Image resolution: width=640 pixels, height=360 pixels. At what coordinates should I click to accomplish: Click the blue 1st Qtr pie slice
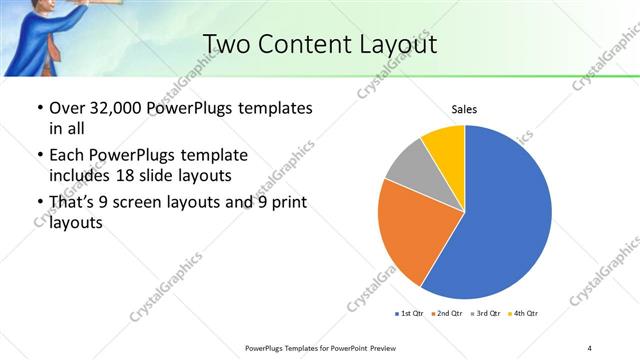(505, 215)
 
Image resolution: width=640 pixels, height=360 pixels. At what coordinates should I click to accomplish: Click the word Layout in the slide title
(396, 43)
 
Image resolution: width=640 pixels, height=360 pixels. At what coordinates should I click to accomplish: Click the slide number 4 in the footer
(590, 347)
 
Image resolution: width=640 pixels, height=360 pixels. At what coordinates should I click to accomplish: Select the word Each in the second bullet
(67, 155)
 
